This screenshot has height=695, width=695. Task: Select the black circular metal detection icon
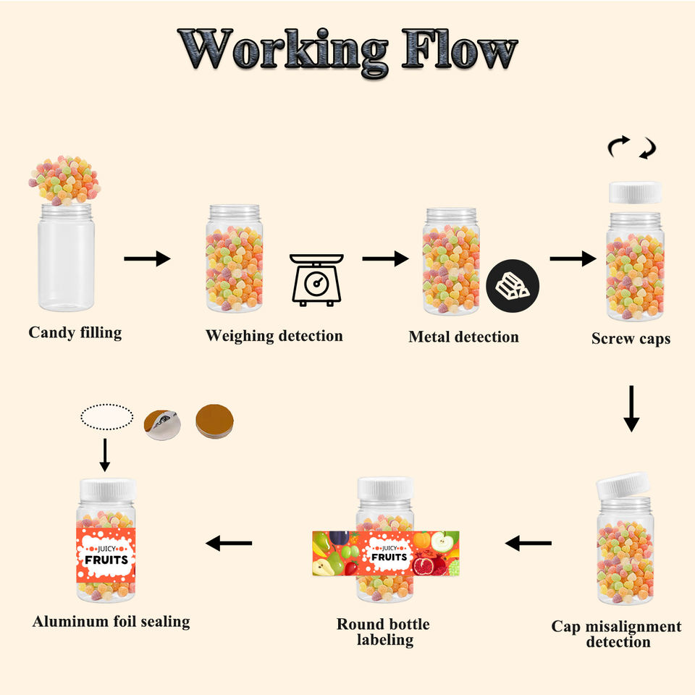(x=513, y=287)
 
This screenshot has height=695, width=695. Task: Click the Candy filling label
(x=75, y=333)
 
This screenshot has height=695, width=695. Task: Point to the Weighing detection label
(x=274, y=336)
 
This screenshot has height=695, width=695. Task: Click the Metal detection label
(x=463, y=337)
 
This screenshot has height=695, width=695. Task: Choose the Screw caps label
(x=631, y=338)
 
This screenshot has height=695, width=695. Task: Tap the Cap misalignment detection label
(x=616, y=633)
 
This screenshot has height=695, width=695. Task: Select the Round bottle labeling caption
(x=383, y=631)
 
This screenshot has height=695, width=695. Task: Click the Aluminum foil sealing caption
(x=111, y=621)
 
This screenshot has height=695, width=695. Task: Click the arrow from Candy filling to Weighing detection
(x=147, y=258)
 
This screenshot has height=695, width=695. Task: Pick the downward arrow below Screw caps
(x=631, y=409)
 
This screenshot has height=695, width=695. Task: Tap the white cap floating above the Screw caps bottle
(x=635, y=193)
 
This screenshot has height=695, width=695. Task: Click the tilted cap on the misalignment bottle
(x=623, y=485)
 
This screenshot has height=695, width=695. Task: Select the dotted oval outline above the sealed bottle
(x=107, y=417)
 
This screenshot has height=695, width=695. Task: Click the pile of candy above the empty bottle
(x=64, y=180)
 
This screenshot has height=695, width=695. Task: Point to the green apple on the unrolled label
(x=445, y=542)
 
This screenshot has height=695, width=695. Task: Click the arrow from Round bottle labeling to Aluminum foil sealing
(x=229, y=543)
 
